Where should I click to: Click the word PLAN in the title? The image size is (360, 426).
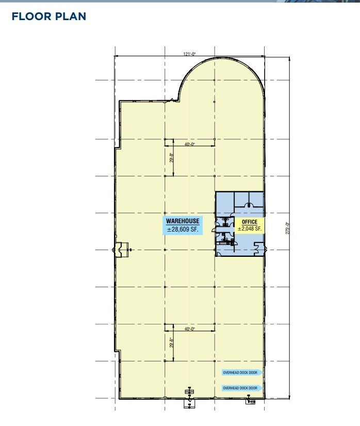(71, 17)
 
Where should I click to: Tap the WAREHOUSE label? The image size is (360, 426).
(183, 221)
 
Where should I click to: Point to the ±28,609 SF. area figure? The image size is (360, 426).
(183, 230)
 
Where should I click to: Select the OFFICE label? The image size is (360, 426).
(250, 222)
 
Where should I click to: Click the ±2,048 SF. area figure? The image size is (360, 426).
(250, 229)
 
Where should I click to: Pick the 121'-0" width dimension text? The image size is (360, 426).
(189, 54)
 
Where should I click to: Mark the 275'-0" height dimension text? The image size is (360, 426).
(288, 228)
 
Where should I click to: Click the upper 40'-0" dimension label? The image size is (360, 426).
(190, 144)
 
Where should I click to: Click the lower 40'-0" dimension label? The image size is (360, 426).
(190, 329)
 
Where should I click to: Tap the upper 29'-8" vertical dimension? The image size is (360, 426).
(171, 158)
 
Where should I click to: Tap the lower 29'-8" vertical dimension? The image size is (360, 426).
(171, 342)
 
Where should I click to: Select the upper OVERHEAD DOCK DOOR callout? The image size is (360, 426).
(242, 372)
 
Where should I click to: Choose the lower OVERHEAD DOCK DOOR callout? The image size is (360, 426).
(242, 388)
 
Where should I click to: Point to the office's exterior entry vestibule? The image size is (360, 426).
(259, 249)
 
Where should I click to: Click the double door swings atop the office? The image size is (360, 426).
(249, 205)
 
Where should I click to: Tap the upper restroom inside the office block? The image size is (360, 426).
(225, 222)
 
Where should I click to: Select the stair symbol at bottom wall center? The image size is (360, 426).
(189, 391)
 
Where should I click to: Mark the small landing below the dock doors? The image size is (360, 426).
(251, 401)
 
